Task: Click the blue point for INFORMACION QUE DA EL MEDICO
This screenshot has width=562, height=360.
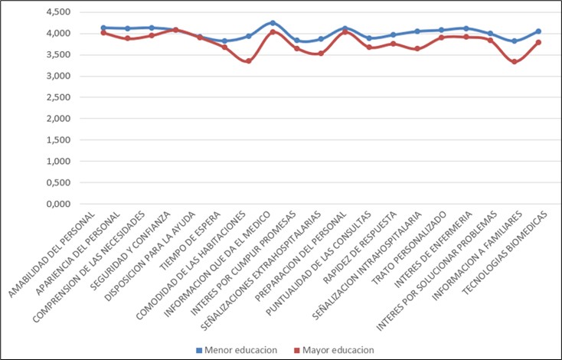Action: (x=273, y=23)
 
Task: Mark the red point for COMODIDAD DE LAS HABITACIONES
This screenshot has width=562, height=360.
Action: (x=248, y=61)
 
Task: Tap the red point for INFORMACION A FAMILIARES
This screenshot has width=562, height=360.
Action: (x=515, y=61)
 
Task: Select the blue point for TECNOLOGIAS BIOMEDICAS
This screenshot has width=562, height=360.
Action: (x=539, y=31)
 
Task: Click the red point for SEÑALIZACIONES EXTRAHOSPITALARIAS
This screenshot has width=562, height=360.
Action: (x=321, y=54)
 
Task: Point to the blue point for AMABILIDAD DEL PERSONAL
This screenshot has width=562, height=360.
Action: (x=103, y=28)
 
